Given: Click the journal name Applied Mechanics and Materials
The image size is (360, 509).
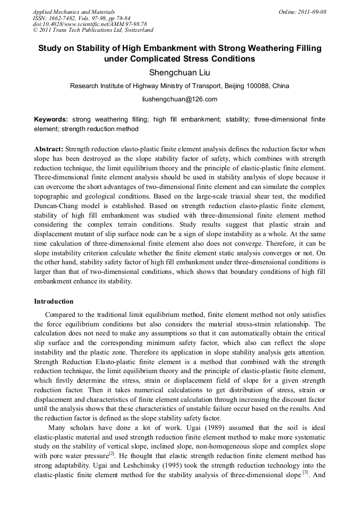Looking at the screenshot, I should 74,12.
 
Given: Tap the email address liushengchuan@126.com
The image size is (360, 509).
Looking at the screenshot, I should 179,99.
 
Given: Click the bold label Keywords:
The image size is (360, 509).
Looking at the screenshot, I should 52,120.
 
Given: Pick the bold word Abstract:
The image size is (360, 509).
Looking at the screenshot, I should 49,150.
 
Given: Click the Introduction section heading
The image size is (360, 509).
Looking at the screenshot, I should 54,301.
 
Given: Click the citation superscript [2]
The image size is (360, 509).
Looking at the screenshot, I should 112,453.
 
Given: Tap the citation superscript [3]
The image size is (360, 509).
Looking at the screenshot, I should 305,471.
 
